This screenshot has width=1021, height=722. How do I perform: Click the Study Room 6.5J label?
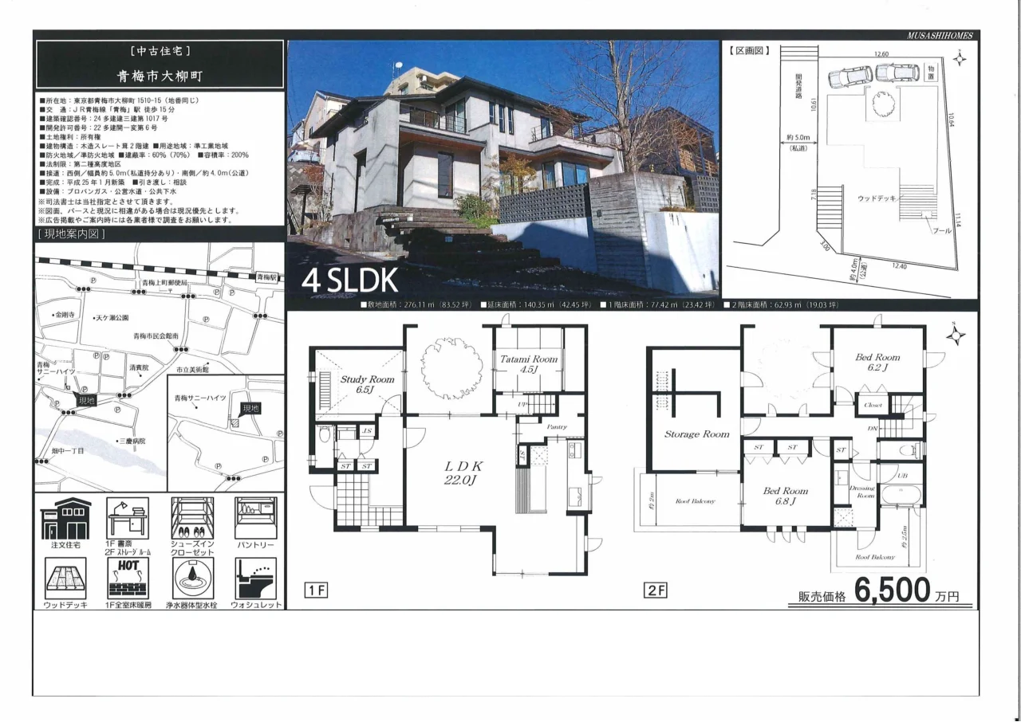(x=367, y=384)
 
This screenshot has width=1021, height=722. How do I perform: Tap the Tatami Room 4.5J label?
(x=529, y=364)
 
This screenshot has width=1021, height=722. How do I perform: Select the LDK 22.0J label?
(x=460, y=472)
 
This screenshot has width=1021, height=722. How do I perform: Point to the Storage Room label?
(x=697, y=434)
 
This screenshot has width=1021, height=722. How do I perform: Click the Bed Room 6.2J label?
(x=877, y=363)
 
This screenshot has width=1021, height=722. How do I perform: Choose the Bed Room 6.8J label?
(x=785, y=496)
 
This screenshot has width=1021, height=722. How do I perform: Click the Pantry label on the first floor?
(x=557, y=427)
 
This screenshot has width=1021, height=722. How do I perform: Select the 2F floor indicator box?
(x=656, y=591)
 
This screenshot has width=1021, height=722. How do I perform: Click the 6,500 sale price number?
(x=893, y=591)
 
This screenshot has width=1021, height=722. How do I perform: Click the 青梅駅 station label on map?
(x=266, y=277)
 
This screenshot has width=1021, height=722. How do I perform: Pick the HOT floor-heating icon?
(x=128, y=579)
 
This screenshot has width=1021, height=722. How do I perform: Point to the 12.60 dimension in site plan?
(x=881, y=54)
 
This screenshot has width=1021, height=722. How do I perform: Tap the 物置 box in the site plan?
(x=930, y=73)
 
